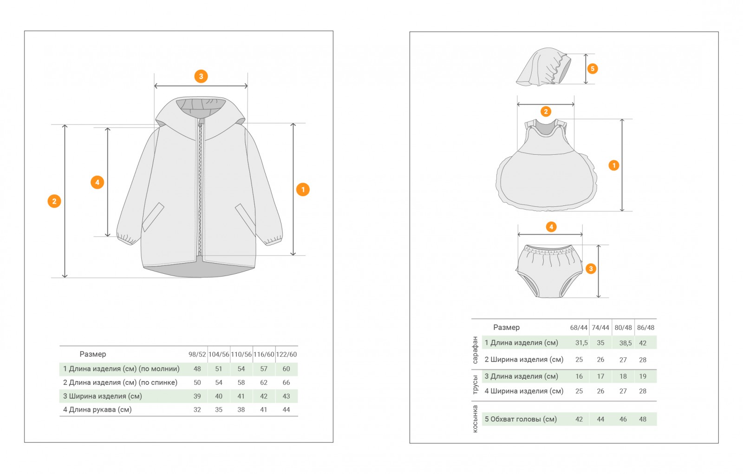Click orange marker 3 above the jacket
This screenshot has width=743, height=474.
[201, 76]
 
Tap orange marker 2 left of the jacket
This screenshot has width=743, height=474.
[54, 201]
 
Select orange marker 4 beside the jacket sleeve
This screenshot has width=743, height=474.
[97, 182]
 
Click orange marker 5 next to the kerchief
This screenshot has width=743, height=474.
[592, 69]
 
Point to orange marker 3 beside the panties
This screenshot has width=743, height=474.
[591, 269]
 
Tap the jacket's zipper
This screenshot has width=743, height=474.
[201, 186]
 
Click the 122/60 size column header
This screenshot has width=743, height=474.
[286, 355]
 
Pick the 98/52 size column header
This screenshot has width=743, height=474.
[197, 355]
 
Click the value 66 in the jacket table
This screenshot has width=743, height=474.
[286, 382]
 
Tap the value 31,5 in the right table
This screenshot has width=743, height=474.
[581, 343]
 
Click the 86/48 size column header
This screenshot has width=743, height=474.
[645, 328]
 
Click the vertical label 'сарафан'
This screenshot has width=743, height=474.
[475, 350]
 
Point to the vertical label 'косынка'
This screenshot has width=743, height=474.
[475, 419]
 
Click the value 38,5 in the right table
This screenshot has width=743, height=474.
[625, 343]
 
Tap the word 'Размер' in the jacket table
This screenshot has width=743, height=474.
[93, 354]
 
